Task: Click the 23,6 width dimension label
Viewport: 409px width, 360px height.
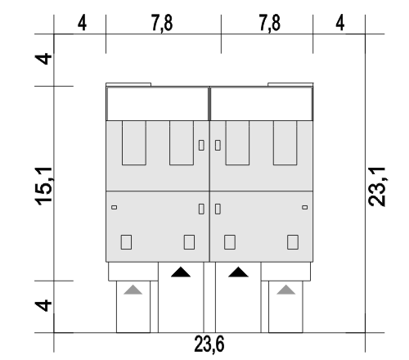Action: (x=209, y=344)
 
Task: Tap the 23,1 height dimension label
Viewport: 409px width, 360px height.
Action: (x=376, y=187)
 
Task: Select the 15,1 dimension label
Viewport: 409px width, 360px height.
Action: (x=43, y=186)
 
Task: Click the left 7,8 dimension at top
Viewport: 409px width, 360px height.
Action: (x=162, y=23)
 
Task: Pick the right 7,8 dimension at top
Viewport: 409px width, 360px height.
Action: (x=269, y=23)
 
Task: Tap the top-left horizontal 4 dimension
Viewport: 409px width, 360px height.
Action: (x=82, y=23)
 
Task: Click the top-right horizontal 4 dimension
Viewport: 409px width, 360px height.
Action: (x=340, y=23)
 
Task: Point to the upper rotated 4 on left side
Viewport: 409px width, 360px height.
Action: (x=43, y=59)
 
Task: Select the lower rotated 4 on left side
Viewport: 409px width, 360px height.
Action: (x=43, y=305)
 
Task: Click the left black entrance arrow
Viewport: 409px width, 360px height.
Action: (x=181, y=272)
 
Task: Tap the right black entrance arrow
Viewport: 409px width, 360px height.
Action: (x=238, y=272)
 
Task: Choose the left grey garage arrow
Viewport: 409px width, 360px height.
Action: (x=133, y=290)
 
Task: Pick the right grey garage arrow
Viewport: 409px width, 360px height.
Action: (x=286, y=290)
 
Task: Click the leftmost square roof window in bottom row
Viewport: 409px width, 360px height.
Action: (x=126, y=242)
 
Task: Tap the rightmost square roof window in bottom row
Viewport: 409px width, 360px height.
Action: (x=293, y=242)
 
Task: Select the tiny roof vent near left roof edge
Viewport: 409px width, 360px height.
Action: (x=115, y=208)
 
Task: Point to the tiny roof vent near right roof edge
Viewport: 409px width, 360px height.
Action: (x=305, y=208)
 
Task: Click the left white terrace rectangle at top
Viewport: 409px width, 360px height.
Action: (x=158, y=104)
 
